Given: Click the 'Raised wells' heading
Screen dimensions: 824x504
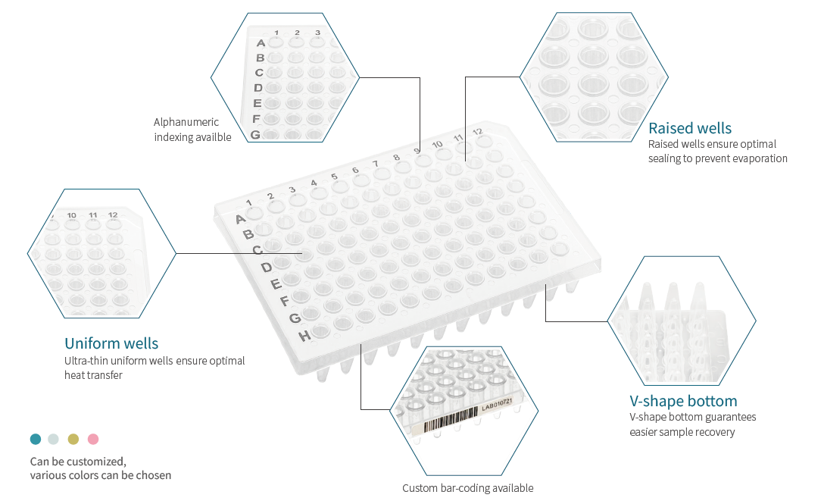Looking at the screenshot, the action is (x=690, y=128).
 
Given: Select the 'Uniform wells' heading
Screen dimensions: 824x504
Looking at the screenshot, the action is (x=111, y=343).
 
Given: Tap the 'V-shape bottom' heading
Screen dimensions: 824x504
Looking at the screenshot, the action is (x=683, y=401).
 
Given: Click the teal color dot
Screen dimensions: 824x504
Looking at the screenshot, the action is (x=36, y=439).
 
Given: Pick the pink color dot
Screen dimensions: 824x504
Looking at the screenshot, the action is (x=93, y=439).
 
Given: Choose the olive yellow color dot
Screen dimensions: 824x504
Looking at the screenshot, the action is (x=73, y=439).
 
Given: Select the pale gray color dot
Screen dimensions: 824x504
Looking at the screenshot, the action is (x=53, y=439).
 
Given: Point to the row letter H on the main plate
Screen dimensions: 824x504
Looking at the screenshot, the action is (x=304, y=336).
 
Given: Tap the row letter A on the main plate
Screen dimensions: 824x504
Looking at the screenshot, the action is (x=240, y=219).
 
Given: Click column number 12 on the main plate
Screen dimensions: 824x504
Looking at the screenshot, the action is (x=477, y=132).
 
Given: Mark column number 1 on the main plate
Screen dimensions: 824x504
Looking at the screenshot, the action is (x=248, y=202).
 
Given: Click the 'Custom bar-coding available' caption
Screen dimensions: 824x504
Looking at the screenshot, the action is (x=468, y=487).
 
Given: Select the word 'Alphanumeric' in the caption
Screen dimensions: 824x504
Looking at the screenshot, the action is (x=186, y=122).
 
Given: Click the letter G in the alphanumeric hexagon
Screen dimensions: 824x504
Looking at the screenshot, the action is (x=255, y=135).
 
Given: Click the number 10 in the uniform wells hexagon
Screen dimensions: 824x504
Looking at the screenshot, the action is (x=71, y=215).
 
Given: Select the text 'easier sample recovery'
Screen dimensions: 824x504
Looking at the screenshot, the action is (x=682, y=432).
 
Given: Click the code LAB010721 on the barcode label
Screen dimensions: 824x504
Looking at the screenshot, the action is (x=496, y=404).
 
